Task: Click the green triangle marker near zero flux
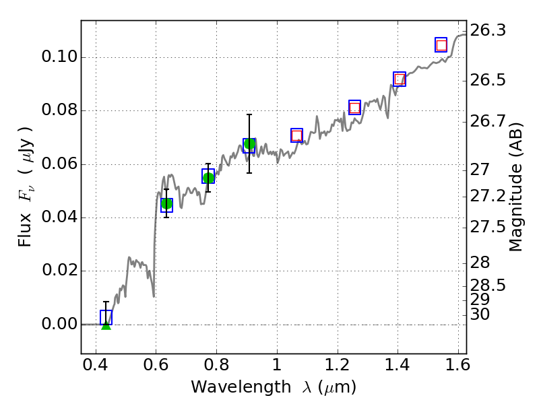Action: [106, 324]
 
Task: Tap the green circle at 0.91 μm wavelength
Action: [249, 143]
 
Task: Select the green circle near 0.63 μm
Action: [166, 203]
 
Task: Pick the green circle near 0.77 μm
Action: [208, 178]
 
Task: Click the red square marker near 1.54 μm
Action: [441, 46]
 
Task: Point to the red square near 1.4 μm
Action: [400, 79]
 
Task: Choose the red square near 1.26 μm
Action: [355, 108]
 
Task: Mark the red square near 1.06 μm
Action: [296, 136]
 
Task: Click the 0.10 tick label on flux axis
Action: [58, 57]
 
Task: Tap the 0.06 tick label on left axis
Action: [58, 164]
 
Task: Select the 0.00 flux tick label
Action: [58, 325]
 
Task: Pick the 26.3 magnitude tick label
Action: [488, 30]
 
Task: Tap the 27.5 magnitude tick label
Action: [488, 227]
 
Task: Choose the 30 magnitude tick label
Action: [480, 314]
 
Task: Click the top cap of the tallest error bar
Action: [249, 114]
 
